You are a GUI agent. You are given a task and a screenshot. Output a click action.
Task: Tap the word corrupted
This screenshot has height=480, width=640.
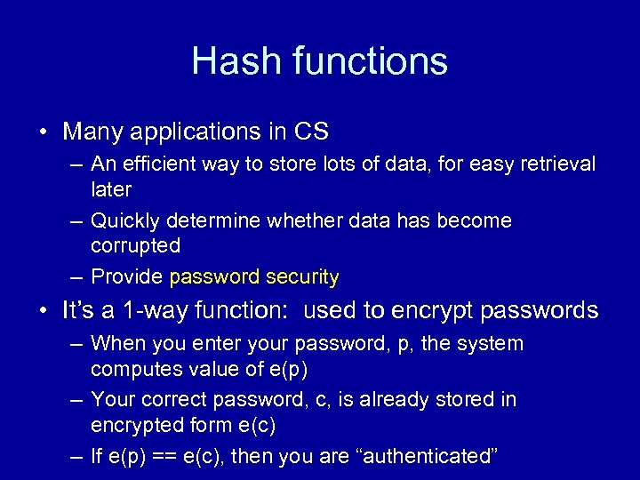(x=135, y=245)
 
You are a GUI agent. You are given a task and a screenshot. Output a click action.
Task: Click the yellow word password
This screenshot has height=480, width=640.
(x=214, y=277)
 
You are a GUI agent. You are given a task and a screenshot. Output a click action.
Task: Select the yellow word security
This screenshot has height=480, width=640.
(x=302, y=277)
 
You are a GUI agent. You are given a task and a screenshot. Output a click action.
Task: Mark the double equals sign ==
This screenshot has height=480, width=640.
(x=176, y=457)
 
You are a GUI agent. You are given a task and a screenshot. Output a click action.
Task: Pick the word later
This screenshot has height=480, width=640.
(x=111, y=189)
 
